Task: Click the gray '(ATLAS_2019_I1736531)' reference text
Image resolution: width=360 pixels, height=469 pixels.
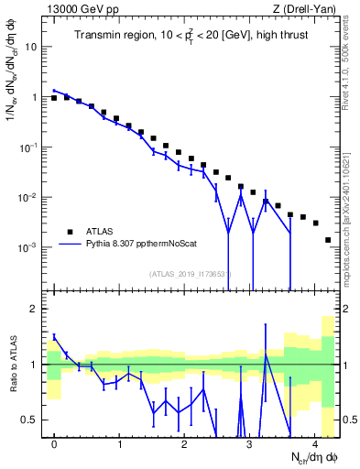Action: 191,274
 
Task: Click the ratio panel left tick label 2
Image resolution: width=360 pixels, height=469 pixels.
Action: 32,309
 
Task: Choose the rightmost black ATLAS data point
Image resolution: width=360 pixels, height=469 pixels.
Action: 328,240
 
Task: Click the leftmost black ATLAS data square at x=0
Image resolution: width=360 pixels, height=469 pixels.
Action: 54,98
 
